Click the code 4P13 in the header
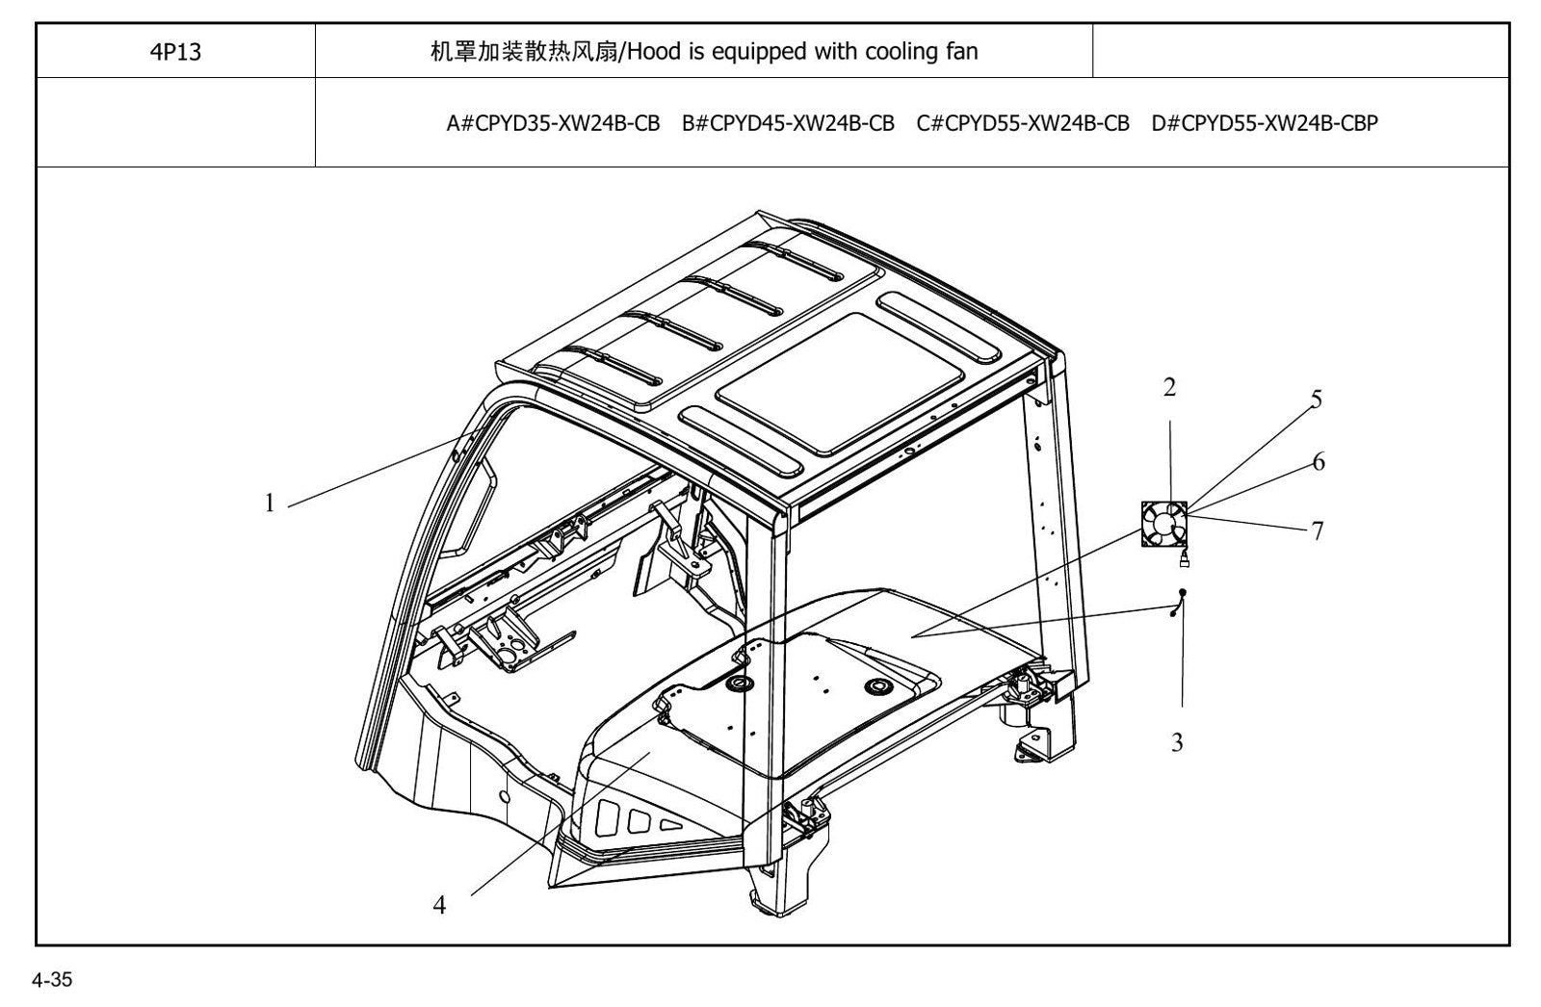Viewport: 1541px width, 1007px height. click(x=175, y=52)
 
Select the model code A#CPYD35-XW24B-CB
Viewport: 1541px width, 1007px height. click(x=553, y=123)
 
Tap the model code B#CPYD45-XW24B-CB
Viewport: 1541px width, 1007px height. click(x=789, y=123)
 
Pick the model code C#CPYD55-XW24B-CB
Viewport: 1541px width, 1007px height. click(x=1023, y=123)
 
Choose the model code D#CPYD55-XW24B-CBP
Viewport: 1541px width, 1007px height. click(x=1265, y=123)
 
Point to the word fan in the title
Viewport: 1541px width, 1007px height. click(x=961, y=52)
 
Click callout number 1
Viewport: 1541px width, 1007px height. click(x=270, y=503)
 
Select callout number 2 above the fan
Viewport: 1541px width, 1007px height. click(x=1169, y=388)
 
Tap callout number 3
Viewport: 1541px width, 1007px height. click(x=1177, y=742)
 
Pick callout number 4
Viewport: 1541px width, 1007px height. click(x=439, y=905)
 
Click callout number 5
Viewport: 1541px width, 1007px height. click(x=1316, y=399)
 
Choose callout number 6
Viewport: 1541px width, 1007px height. click(x=1319, y=461)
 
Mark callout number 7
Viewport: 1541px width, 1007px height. click(x=1318, y=531)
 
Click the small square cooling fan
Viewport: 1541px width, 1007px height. click(x=1164, y=524)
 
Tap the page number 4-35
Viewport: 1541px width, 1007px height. click(x=52, y=979)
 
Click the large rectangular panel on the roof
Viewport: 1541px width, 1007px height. click(x=839, y=384)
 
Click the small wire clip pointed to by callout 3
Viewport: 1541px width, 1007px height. click(x=1179, y=603)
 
